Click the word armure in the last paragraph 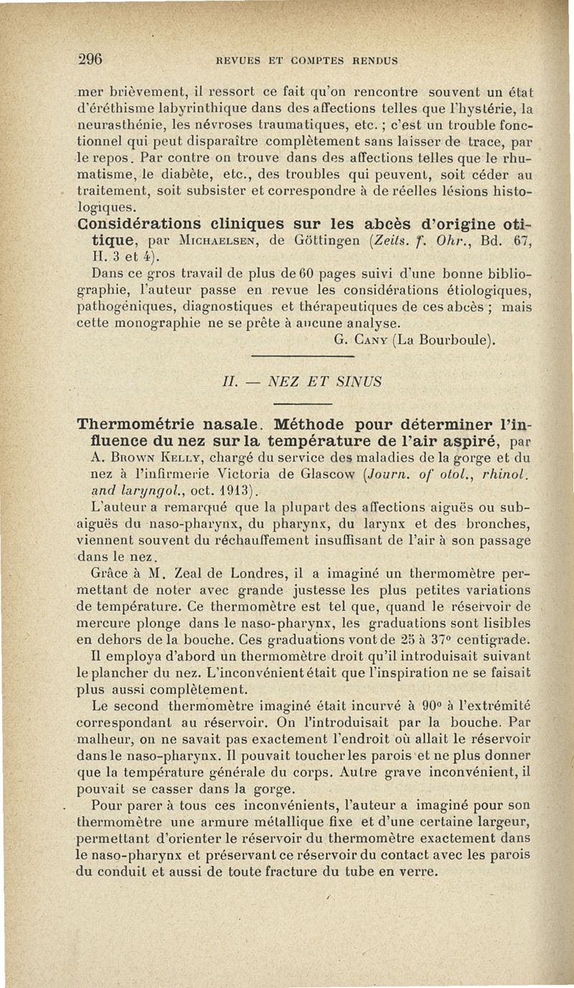[210, 823]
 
